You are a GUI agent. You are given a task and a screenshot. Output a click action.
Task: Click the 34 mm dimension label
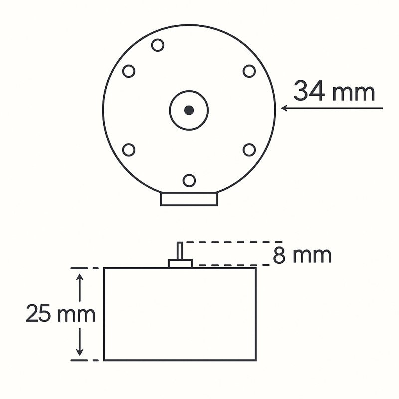pos(334,92)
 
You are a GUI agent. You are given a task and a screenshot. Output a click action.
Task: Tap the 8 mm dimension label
pos(302,255)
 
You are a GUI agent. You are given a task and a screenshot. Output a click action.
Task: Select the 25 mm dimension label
pos(60,314)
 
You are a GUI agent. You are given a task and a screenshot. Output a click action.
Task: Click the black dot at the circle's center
pos(189,110)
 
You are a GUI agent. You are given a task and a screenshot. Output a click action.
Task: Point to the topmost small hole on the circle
pos(158,45)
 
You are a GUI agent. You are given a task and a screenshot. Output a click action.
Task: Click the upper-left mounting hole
pos(129,71)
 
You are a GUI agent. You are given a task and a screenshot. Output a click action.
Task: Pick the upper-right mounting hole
pos(249,71)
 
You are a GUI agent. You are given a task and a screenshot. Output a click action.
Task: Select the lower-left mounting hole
pos(129,150)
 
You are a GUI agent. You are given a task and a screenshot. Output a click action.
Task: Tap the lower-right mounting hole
pos(249,150)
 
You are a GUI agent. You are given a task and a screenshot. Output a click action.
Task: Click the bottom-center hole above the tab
pos(189,180)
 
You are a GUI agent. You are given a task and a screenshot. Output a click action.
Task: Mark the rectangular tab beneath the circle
pos(189,199)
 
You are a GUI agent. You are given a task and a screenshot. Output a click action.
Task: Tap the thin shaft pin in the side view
pos(180,250)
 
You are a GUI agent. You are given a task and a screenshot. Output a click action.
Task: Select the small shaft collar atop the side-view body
pos(180,263)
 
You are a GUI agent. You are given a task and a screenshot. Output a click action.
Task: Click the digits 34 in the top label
pos(309,92)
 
